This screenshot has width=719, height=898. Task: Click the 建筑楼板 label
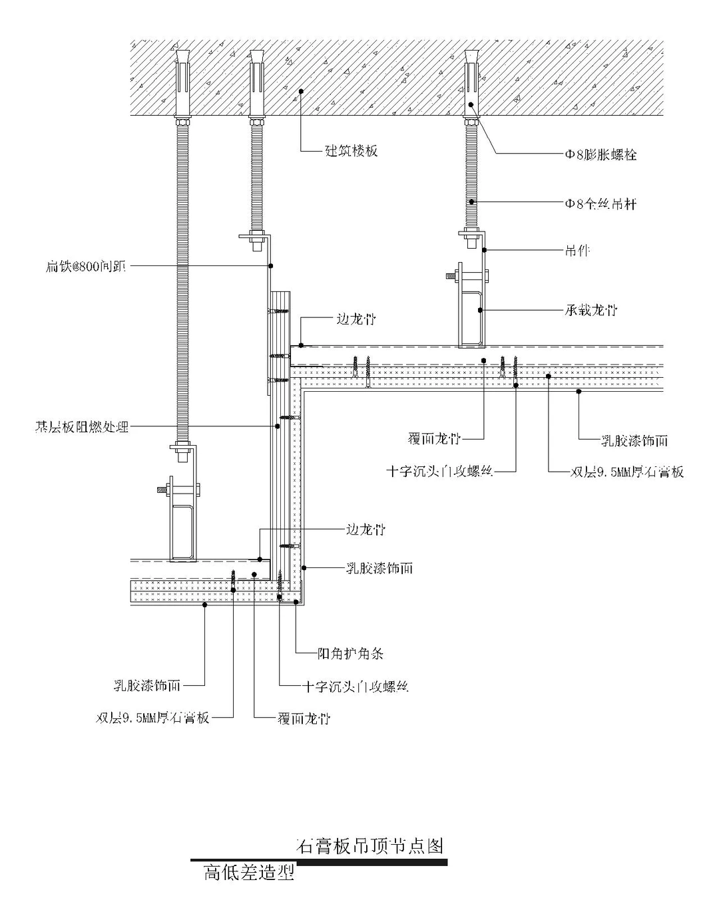351,151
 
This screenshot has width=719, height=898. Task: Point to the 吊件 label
577,251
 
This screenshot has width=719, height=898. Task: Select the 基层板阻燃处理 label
81,426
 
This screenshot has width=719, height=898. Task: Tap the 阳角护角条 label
350,654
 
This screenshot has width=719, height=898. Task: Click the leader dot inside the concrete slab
301,91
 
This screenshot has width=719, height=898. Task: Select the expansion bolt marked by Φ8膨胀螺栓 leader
471,83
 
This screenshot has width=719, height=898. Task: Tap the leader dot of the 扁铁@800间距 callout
271,266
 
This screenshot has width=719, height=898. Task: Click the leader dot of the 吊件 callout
485,250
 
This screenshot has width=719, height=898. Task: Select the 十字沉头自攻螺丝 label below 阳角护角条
355,686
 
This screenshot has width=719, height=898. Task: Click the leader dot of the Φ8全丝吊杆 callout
471,202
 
